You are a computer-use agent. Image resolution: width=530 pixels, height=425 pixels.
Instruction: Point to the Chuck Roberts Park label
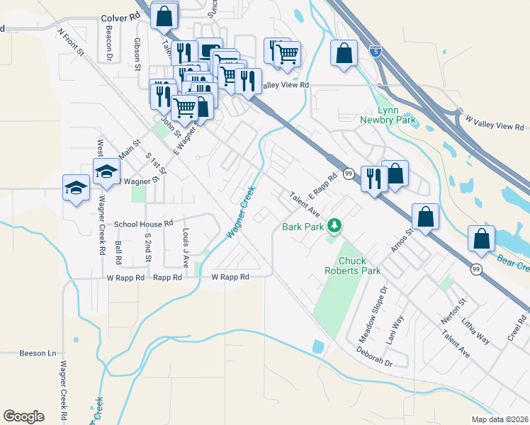coord(352,266)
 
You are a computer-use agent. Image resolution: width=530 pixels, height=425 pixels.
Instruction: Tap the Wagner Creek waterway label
coord(240,212)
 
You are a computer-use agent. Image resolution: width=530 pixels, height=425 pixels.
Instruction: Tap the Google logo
coord(23,416)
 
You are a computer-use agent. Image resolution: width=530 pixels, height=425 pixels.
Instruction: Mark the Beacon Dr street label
coord(109,42)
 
